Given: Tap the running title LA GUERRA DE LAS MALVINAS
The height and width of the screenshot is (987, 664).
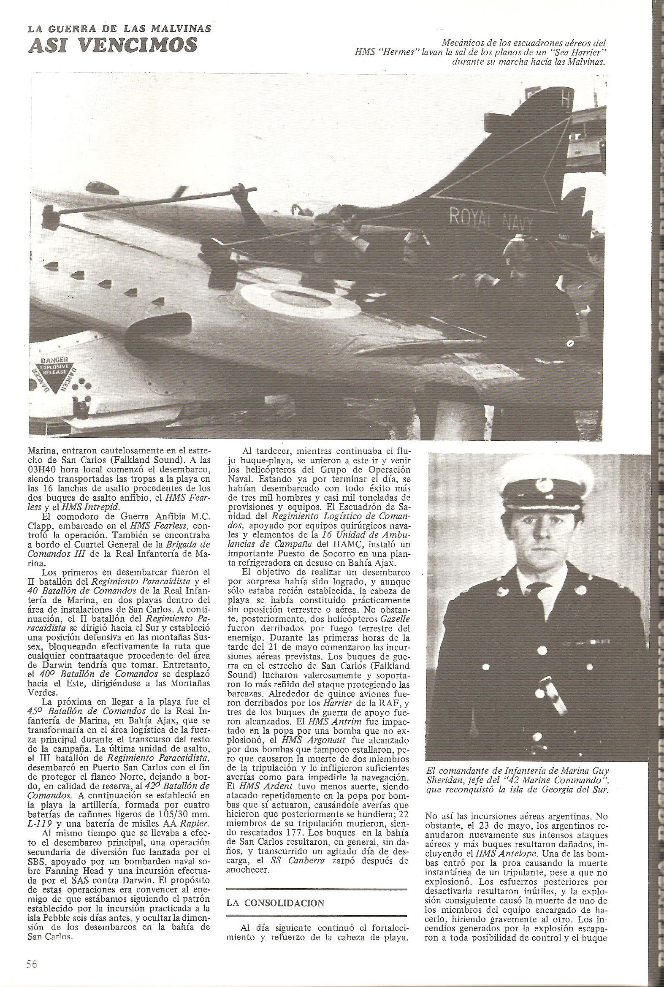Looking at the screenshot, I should [x=119, y=28].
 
